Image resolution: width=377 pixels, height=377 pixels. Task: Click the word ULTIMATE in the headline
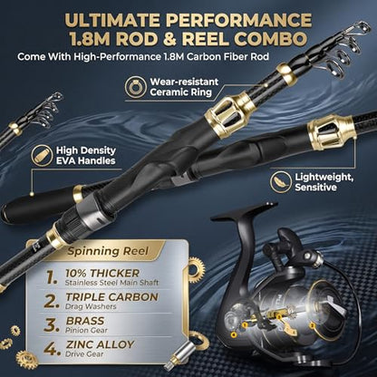pyautogui.click(x=112, y=20)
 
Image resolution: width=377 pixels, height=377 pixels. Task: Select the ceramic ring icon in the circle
pyautogui.click(x=136, y=87)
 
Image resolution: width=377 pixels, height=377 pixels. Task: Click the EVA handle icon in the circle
pyautogui.click(x=42, y=155)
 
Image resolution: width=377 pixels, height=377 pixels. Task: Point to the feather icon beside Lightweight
pyautogui.click(x=281, y=182)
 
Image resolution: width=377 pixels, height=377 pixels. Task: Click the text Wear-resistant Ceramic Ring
pyautogui.click(x=184, y=87)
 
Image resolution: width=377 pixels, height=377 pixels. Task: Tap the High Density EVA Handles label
pyautogui.click(x=86, y=155)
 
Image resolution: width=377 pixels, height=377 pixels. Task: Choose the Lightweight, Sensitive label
pyautogui.click(x=324, y=182)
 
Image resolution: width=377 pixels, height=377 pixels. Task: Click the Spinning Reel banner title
pyautogui.click(x=108, y=251)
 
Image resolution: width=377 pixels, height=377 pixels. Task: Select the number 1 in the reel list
pyautogui.click(x=52, y=277)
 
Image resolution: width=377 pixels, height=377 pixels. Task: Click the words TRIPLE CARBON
pyautogui.click(x=111, y=297)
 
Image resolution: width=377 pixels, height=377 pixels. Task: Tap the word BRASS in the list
pyautogui.click(x=85, y=321)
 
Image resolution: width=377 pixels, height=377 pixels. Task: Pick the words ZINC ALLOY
pyautogui.click(x=100, y=344)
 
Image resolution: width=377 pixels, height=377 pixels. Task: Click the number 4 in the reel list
pyautogui.click(x=52, y=349)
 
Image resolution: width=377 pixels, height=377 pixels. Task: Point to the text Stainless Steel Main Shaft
pyautogui.click(x=111, y=283)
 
